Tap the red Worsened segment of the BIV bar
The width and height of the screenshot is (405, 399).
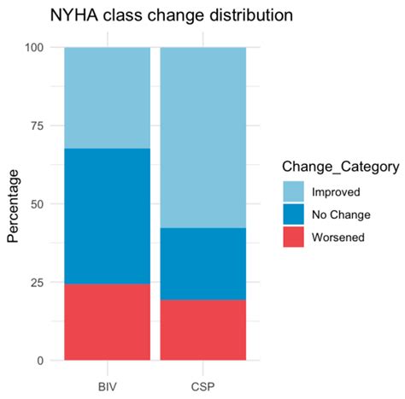pyautogui.click(x=108, y=322)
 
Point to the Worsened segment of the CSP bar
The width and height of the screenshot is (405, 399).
pyautogui.click(x=203, y=330)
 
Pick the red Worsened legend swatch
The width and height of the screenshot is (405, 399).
pyautogui.click(x=293, y=237)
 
